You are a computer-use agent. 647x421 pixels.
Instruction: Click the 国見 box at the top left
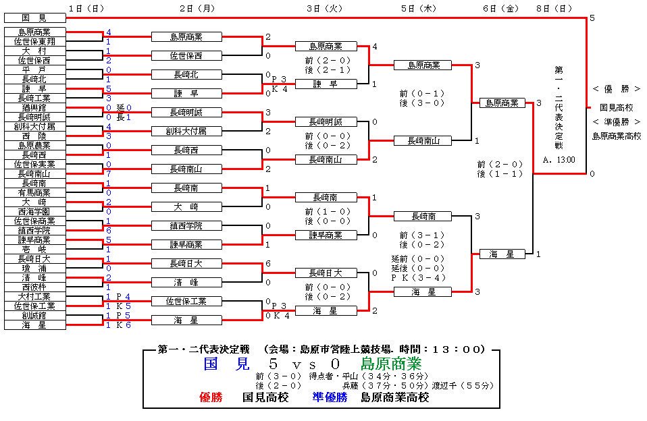coord(34,18)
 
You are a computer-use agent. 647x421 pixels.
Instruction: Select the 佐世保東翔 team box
coord(34,41)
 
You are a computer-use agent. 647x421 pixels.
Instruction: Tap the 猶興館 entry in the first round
coord(34,108)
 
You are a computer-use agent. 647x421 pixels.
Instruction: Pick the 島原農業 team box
coord(34,146)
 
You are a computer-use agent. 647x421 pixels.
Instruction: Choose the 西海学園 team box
coord(34,212)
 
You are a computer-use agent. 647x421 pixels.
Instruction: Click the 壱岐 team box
coord(34,250)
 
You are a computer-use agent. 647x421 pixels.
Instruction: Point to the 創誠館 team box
coord(34,316)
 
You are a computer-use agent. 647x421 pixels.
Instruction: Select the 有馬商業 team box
coord(34,192)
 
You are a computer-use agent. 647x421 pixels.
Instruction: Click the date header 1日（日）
coord(86,8)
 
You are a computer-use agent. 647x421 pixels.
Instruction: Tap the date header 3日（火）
coord(325,8)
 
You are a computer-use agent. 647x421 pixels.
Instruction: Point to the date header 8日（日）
coord(554,8)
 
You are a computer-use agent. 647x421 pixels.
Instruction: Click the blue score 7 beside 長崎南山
coord(109,173)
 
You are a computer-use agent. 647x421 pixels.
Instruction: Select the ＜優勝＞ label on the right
coord(617,88)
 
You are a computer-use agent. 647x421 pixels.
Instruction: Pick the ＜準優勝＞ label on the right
coord(617,121)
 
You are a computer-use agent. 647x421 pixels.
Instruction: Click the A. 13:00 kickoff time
coord(559,160)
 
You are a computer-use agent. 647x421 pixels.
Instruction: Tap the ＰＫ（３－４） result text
coord(419,277)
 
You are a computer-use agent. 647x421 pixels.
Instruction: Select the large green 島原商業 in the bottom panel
coord(391,364)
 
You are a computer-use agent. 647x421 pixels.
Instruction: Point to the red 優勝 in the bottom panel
coord(211,397)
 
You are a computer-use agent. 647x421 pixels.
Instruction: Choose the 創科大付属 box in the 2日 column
coord(186,131)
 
